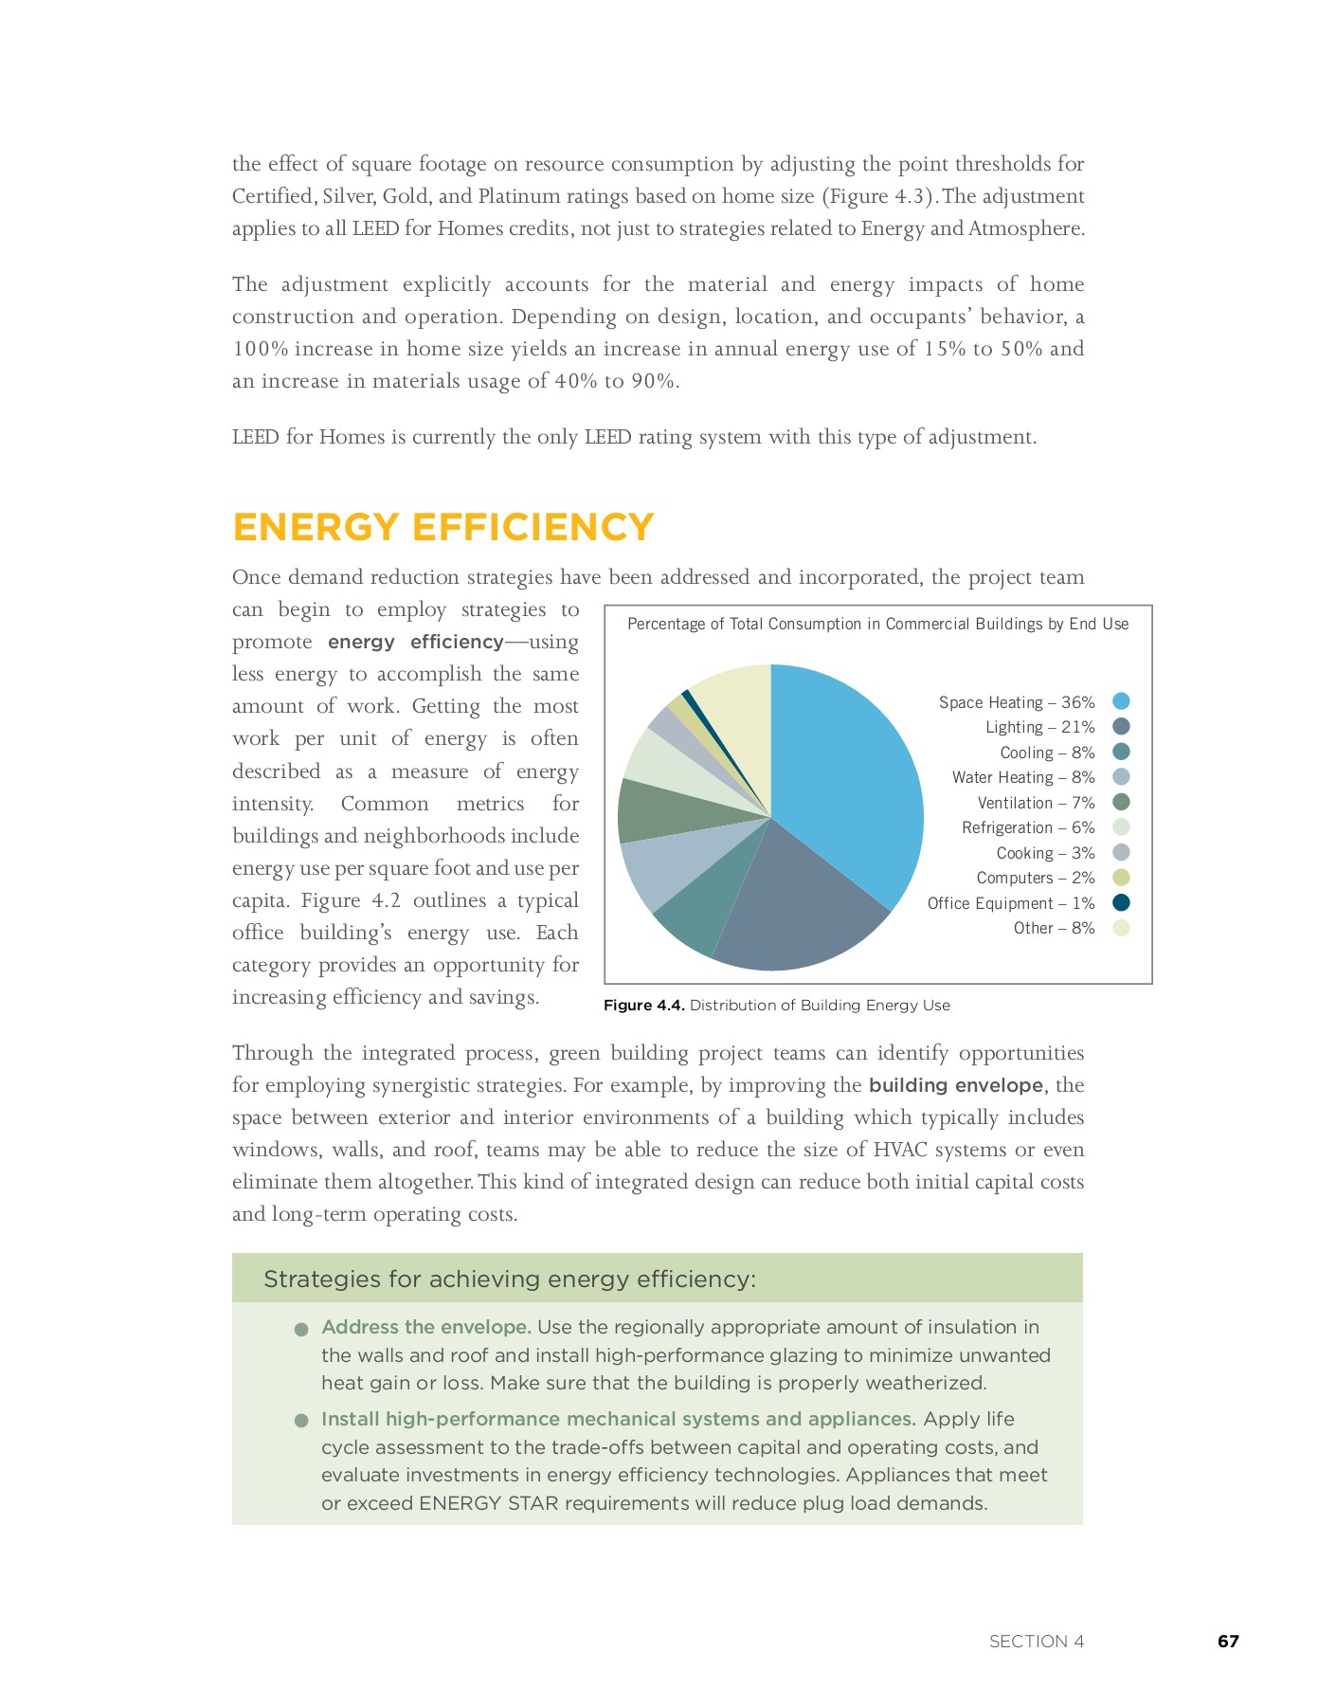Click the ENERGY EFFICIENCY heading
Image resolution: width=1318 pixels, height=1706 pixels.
[442, 527]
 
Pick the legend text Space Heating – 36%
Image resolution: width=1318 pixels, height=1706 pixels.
[1016, 702]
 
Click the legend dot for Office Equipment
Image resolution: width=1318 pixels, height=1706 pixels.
[1121, 902]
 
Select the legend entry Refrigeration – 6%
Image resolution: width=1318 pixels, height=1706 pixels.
[1027, 827]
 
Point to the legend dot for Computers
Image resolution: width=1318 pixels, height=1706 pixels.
[1121, 878]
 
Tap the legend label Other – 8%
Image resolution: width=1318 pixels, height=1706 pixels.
[1054, 928]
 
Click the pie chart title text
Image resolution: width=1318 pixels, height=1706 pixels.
[877, 624]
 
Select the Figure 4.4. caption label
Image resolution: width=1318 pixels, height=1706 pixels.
[643, 1005]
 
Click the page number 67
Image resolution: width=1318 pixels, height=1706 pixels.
[1228, 1641]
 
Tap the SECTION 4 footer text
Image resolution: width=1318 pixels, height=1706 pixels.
[1036, 1641]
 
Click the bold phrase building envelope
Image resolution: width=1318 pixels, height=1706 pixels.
[955, 1085]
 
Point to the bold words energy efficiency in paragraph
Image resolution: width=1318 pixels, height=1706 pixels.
[415, 642]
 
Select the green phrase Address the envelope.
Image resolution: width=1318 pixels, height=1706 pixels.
[425, 1327]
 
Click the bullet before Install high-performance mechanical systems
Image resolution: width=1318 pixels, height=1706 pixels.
[301, 1421]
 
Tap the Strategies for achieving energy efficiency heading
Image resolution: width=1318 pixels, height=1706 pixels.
[509, 1279]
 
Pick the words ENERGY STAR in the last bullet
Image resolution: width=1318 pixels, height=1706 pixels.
[473, 1503]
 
